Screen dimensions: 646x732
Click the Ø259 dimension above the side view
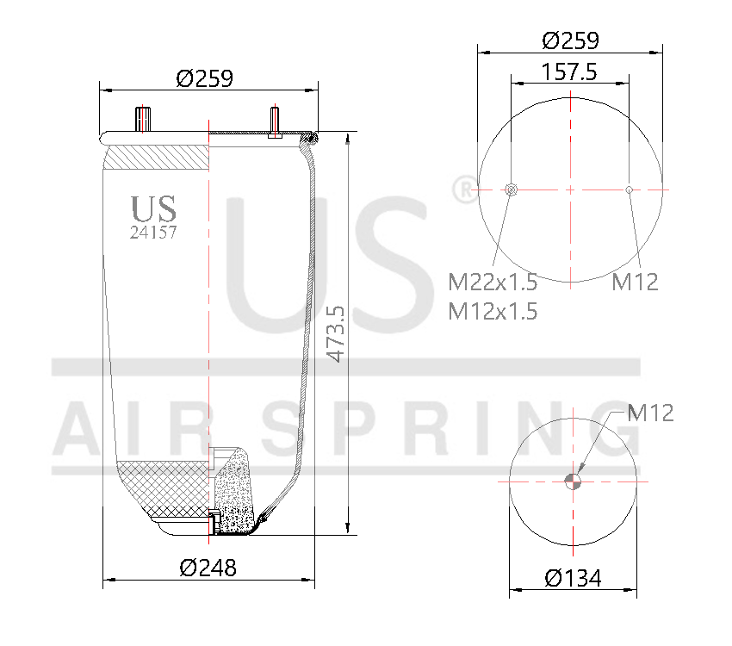tap(205, 78)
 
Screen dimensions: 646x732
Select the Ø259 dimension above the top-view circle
tap(570, 40)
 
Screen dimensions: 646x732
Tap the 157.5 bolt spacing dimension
tap(569, 71)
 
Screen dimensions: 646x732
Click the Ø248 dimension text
tap(208, 568)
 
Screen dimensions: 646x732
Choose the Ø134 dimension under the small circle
tap(572, 577)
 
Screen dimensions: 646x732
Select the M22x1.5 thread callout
tap(493, 282)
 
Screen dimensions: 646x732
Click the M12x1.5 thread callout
tap(493, 311)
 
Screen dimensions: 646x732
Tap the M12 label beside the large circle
tap(636, 282)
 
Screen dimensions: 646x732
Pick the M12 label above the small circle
tap(650, 413)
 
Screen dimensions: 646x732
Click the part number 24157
tap(152, 232)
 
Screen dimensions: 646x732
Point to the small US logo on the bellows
tap(153, 208)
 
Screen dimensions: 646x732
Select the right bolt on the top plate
tap(275, 121)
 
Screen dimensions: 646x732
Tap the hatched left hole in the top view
tap(511, 189)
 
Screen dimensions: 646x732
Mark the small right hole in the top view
tap(630, 189)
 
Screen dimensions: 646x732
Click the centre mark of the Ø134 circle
tap(573, 481)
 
